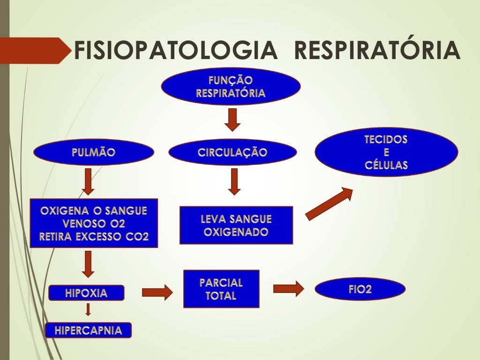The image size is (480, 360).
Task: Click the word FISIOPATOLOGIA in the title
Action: pos(176,51)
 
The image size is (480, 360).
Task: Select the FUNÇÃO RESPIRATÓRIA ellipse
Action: pos(231,87)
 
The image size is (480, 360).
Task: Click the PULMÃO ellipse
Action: pos(94,152)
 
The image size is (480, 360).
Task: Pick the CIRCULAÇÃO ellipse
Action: pos(232,152)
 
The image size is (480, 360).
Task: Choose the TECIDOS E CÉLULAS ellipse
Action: pos(386,152)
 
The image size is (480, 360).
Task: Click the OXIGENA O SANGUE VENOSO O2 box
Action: pos(94,223)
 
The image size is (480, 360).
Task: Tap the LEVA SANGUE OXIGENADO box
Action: pos(236,225)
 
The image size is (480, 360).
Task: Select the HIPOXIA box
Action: pos(87,293)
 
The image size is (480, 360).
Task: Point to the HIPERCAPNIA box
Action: pos(89,330)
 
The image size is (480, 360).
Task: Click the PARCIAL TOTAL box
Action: pos(221,289)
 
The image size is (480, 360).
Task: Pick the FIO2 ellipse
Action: pos(360,289)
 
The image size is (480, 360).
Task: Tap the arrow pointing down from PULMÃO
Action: pos(88,181)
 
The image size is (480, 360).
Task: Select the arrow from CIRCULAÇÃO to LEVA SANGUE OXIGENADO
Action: pos(234,181)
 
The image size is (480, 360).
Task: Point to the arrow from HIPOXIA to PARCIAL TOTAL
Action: pos(157,293)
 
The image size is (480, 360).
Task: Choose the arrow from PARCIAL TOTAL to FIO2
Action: pos(288,289)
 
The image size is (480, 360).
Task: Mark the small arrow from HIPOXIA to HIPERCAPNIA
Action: pos(88,309)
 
